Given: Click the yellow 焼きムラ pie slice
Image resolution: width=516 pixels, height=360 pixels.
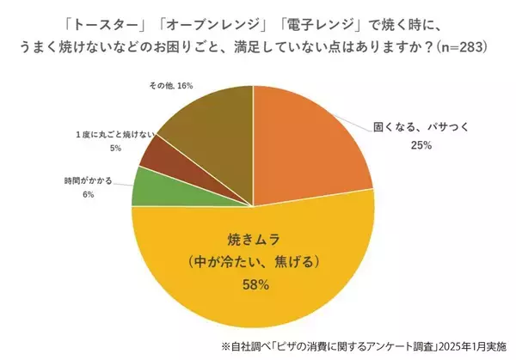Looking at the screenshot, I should click(258, 284).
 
